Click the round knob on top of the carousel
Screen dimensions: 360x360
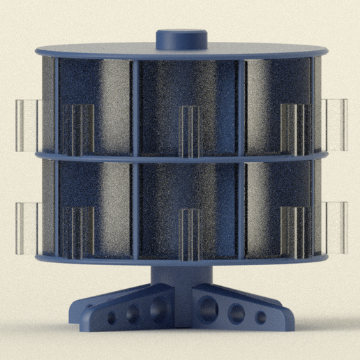(181, 38)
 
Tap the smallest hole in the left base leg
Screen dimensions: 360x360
(111, 318)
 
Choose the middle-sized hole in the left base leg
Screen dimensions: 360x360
(133, 314)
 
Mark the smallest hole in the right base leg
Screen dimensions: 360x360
(260, 317)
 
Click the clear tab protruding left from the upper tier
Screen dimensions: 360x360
(28, 125)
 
